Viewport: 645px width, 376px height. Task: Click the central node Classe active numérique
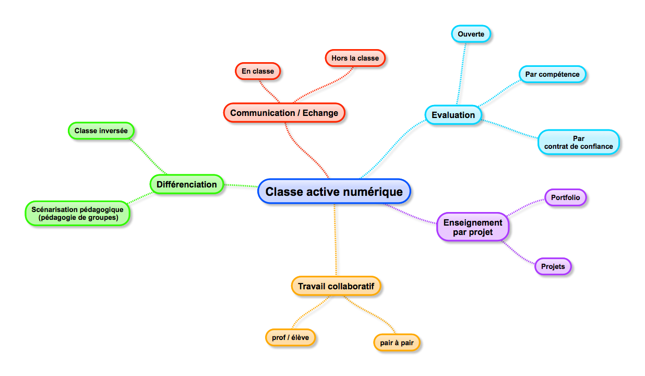point(334,192)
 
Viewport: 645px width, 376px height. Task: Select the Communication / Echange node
point(284,113)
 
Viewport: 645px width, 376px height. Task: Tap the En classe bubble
point(257,71)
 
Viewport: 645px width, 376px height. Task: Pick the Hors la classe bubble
point(355,58)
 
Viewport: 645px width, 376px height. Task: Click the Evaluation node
point(453,115)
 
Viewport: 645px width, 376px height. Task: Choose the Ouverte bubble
point(471,34)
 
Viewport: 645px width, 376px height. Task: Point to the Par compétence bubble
point(552,74)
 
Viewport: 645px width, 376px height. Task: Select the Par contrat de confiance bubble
point(578,143)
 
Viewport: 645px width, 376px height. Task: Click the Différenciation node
point(186,184)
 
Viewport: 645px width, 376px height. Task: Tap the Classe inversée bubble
point(101,131)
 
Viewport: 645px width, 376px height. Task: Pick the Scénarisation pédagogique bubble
point(77,214)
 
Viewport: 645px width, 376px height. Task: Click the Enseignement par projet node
point(472,227)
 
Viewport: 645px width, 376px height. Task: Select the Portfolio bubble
point(565,197)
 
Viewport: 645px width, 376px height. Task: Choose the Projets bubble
point(553,266)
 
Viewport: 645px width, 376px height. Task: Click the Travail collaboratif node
point(336,286)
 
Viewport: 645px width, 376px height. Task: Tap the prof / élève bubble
point(290,338)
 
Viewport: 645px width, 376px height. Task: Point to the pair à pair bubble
point(397,343)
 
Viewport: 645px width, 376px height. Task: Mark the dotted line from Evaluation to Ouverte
point(461,73)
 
